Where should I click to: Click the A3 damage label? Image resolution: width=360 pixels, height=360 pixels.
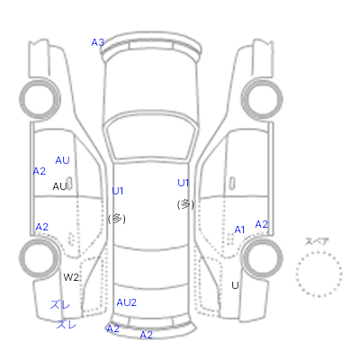(x=98, y=42)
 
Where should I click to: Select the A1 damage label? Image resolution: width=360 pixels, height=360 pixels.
(x=239, y=229)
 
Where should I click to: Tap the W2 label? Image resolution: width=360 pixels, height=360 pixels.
(x=71, y=277)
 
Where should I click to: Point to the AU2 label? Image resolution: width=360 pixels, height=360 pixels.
(x=126, y=302)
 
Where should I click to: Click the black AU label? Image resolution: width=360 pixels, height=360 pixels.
(x=59, y=186)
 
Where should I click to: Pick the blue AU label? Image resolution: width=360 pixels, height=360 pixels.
(x=62, y=160)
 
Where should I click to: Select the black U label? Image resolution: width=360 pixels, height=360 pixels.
(x=235, y=285)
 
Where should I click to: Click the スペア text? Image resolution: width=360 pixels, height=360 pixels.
(x=317, y=242)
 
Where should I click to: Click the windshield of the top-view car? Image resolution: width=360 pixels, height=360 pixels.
(x=152, y=137)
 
